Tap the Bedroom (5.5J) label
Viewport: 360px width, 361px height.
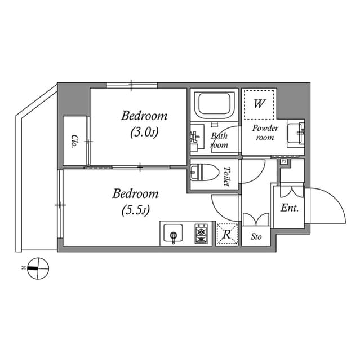(x=135, y=202)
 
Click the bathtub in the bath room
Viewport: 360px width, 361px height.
(x=213, y=105)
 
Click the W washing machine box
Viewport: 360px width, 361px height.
(x=259, y=104)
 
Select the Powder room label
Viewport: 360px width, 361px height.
(x=265, y=133)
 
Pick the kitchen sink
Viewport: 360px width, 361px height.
(x=173, y=234)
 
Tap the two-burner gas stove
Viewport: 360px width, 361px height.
(x=201, y=234)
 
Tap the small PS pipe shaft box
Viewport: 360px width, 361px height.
(x=285, y=162)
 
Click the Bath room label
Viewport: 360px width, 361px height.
(x=219, y=140)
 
